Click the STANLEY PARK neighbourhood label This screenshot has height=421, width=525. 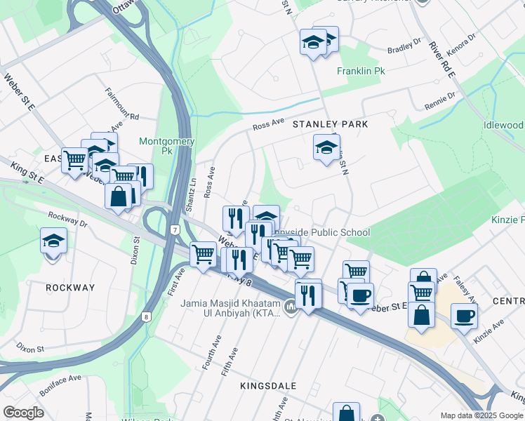click(330, 124)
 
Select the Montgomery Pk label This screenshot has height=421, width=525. click(166, 145)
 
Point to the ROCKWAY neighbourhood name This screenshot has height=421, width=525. click(69, 288)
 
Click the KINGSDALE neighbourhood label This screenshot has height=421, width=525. click(268, 386)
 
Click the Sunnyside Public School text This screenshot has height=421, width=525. click(324, 232)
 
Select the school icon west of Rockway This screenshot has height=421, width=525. click(53, 242)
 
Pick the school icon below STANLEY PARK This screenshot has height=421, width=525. click(325, 148)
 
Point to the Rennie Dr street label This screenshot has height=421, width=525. click(440, 100)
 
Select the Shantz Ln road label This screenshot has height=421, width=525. click(190, 196)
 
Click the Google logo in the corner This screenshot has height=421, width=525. click(22, 412)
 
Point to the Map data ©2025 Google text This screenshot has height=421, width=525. click(481, 415)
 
